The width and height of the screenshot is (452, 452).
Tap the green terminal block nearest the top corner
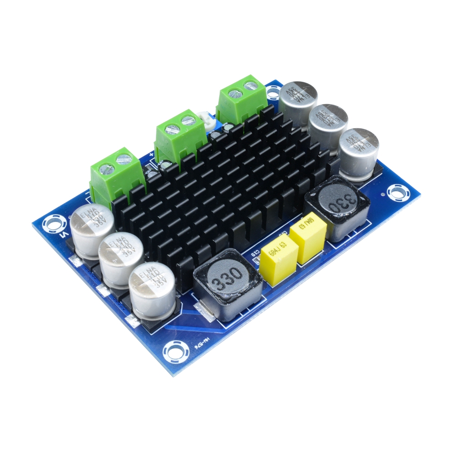point(241,100)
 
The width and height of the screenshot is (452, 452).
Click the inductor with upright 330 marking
point(228,286)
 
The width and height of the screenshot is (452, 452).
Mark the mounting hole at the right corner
point(396,193)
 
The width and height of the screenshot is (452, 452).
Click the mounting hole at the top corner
point(273,93)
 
